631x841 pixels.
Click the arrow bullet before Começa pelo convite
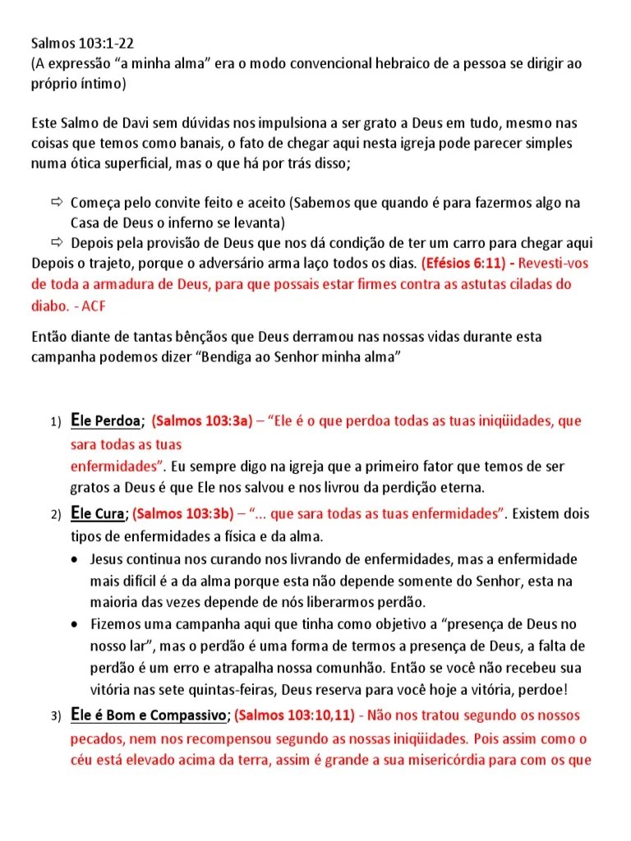(x=57, y=202)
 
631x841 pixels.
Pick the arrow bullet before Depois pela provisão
(x=57, y=243)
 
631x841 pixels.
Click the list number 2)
(x=55, y=516)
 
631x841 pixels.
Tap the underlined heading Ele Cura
(x=98, y=515)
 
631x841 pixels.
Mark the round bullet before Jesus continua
(x=76, y=560)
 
